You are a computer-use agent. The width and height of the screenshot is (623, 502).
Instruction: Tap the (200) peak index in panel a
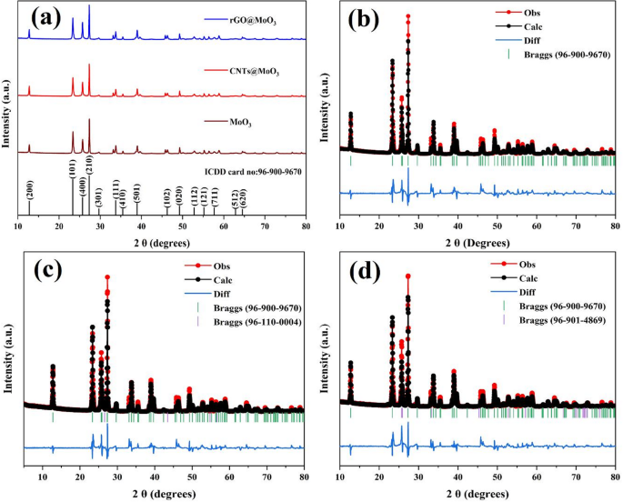pyautogui.click(x=30, y=190)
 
